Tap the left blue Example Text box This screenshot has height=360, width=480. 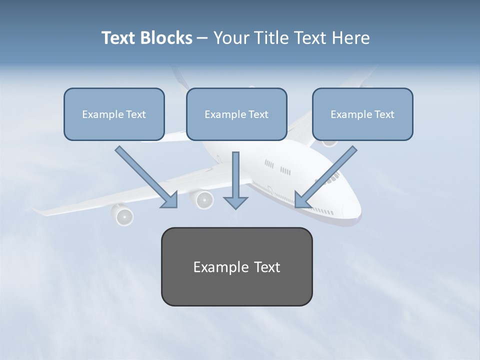point(114,114)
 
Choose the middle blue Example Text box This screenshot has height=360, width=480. point(236,114)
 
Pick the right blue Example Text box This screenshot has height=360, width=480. point(362,114)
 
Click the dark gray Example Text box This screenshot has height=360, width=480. point(236,266)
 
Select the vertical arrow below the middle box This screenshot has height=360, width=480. point(235,180)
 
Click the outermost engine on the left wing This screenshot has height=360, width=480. point(123,215)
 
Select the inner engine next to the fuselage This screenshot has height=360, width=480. point(203,199)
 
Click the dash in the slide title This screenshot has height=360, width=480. point(202,38)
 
